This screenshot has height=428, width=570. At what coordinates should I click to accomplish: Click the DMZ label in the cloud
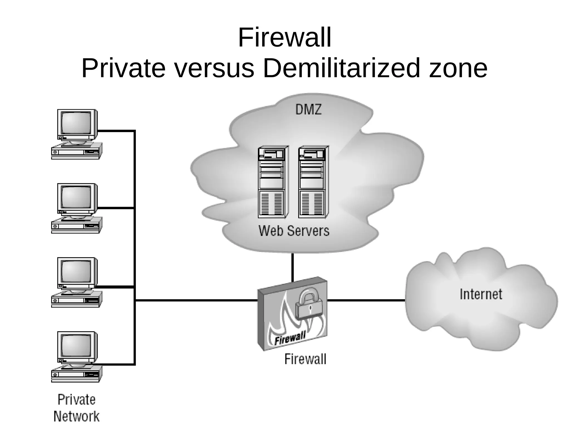pos(308,109)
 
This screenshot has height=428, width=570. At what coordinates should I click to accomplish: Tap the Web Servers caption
pos(294,231)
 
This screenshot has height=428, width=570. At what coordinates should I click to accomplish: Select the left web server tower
pos(272,182)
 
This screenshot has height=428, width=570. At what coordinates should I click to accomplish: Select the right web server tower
pos(313,182)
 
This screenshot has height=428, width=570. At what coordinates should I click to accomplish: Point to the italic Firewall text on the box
pos(290,338)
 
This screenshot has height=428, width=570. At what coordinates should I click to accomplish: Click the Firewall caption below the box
pos(305,359)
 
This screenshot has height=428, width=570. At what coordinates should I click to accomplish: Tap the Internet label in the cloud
pos(481,294)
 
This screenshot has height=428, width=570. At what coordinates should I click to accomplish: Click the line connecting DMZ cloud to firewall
pos(293,267)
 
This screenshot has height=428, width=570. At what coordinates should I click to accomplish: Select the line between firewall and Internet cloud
pos(366,300)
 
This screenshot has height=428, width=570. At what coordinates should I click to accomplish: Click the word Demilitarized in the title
pos(341,68)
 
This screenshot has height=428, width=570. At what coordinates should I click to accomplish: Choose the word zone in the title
pos(458,68)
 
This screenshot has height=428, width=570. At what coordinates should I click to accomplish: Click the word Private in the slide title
pos(123,68)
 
